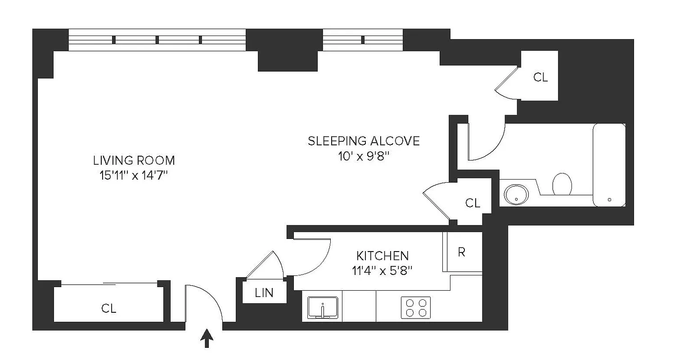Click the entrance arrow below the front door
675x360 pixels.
[x=207, y=338]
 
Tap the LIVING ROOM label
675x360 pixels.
[x=134, y=160]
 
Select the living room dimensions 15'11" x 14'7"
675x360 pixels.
[x=134, y=175]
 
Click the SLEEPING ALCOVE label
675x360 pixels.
[x=364, y=141]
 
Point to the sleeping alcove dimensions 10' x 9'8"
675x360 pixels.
[x=364, y=156]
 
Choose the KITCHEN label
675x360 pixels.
[x=382, y=256]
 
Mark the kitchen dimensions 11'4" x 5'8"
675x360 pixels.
[x=382, y=270]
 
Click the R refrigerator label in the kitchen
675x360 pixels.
[x=461, y=252]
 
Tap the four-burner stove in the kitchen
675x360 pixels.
[x=416, y=308]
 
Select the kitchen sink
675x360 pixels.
[x=323, y=308]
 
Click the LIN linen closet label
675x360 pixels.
[x=264, y=293]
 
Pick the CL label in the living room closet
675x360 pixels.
[x=108, y=309]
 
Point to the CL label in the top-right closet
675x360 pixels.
[x=540, y=77]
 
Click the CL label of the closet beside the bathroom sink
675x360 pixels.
[x=472, y=203]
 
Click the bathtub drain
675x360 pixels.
[x=610, y=199]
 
